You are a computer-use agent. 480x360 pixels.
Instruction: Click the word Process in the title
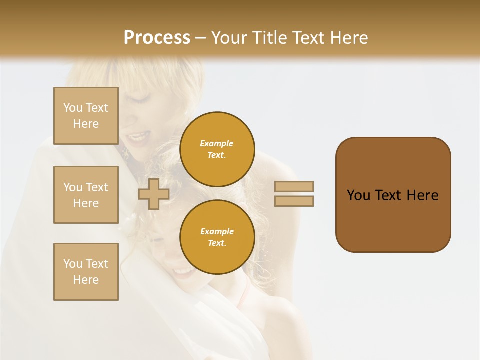coord(157,37)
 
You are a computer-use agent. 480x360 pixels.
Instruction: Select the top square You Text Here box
coord(86,116)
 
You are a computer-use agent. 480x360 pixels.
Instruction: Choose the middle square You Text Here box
coord(86,195)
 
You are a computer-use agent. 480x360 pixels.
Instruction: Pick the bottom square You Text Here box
coord(86,272)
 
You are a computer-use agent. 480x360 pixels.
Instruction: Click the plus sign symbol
coord(153,194)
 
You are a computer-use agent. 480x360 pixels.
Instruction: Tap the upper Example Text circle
coord(217,149)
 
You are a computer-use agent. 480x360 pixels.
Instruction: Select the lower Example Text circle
coord(217,237)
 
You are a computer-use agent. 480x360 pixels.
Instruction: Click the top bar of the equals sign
coord(294,186)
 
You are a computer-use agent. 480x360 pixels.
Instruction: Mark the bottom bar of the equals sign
coord(294,201)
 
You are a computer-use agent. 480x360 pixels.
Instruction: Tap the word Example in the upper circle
coord(217,143)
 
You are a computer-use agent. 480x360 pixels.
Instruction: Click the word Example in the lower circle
coord(217,231)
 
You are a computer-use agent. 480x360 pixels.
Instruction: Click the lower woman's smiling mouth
coord(183,272)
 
